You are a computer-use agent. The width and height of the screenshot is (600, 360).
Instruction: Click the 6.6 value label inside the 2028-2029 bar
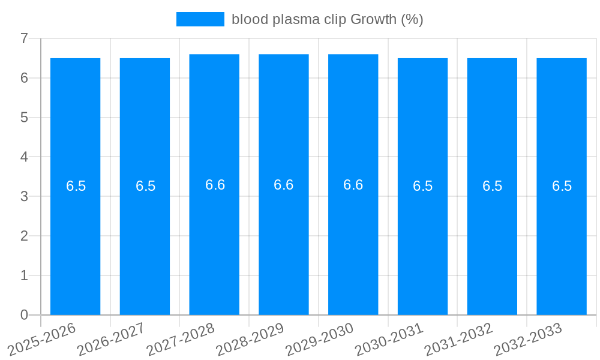tap(284, 185)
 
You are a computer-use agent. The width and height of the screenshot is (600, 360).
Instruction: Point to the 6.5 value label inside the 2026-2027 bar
tap(145, 186)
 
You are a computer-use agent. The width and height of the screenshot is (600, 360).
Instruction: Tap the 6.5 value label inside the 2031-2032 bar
tap(493, 186)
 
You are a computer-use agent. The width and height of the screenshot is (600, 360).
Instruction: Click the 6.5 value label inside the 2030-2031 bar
tap(423, 186)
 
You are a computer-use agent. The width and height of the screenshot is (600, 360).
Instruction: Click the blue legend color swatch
tap(200, 19)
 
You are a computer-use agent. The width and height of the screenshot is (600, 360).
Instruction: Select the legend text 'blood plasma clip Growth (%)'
tap(328, 19)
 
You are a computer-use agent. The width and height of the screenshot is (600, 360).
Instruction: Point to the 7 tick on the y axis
tap(24, 38)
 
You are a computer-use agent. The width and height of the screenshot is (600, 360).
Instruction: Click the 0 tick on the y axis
tap(24, 315)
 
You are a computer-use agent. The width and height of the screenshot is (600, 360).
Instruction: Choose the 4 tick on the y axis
tap(24, 157)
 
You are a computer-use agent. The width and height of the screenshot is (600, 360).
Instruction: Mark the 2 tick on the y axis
tap(24, 236)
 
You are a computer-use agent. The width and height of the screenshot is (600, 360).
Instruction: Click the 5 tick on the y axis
tap(24, 118)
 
